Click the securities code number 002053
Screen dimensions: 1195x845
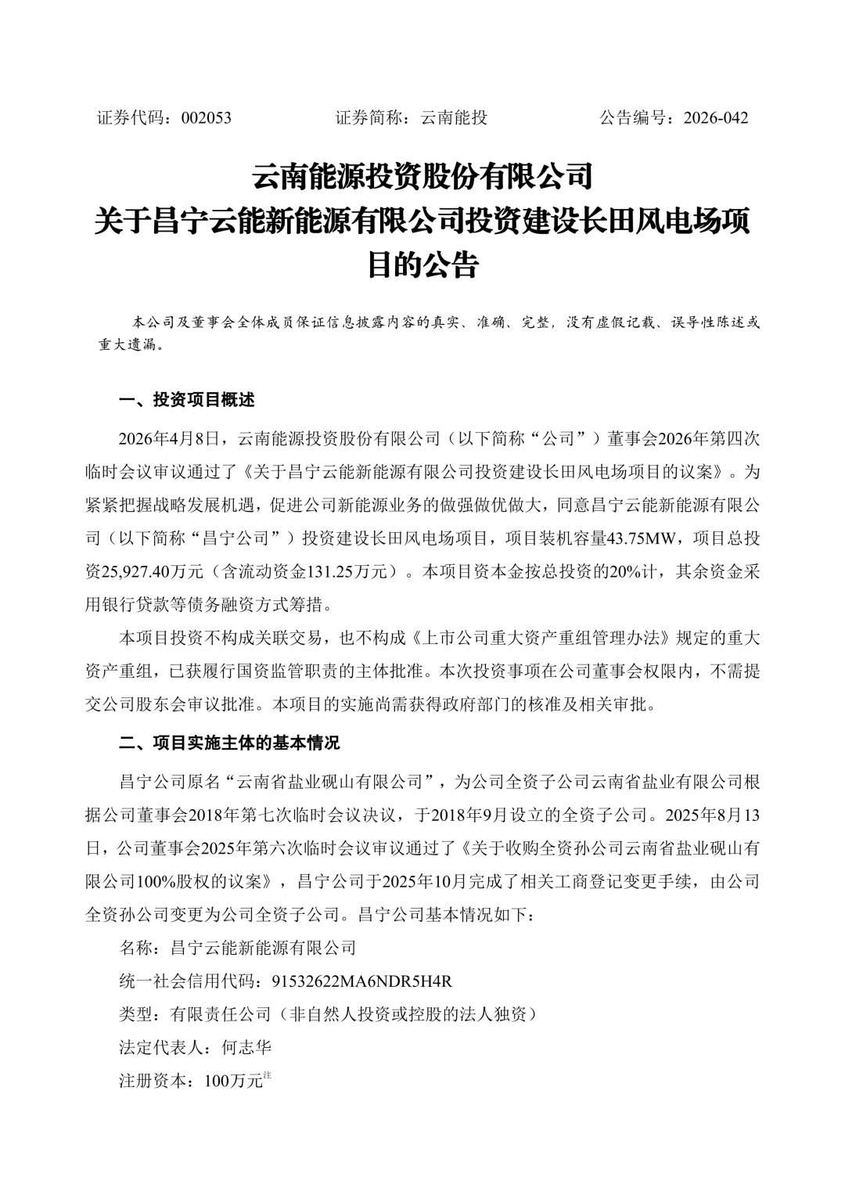click(x=206, y=118)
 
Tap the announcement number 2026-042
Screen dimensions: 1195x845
click(x=715, y=118)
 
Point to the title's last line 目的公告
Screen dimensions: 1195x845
click(x=422, y=266)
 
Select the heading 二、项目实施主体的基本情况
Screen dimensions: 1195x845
click(x=229, y=743)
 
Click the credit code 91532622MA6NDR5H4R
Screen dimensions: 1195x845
click(x=362, y=981)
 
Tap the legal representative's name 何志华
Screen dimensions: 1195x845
click(x=246, y=1047)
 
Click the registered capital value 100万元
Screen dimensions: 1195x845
click(x=232, y=1082)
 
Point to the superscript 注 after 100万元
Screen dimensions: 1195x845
click(x=267, y=1076)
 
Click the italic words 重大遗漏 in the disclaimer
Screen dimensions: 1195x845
click(x=125, y=345)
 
